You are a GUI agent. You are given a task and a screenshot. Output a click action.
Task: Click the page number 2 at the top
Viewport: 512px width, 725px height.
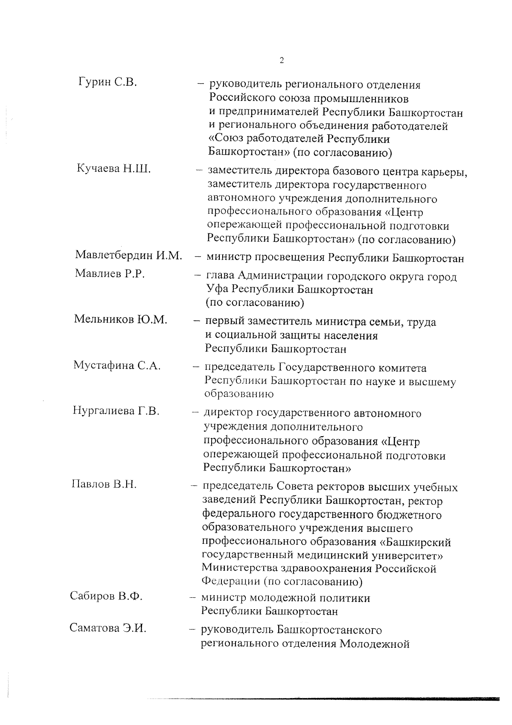pyautogui.click(x=282, y=60)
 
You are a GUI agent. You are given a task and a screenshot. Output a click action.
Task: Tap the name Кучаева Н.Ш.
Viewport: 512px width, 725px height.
pyautogui.click(x=113, y=168)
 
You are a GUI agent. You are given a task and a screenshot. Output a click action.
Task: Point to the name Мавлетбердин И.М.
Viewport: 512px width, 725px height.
pyautogui.click(x=129, y=255)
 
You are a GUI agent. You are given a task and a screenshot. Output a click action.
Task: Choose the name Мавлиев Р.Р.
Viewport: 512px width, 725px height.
pyautogui.click(x=110, y=273)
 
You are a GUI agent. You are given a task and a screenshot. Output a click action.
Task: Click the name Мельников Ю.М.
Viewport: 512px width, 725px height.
pyautogui.click(x=120, y=319)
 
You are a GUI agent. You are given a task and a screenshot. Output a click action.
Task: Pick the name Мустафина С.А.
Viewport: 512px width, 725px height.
pyautogui.click(x=117, y=365)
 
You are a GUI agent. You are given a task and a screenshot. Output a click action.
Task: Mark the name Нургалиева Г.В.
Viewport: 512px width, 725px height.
pyautogui.click(x=116, y=411)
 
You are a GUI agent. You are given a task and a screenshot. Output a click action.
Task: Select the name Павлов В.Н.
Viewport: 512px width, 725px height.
pyautogui.click(x=104, y=484)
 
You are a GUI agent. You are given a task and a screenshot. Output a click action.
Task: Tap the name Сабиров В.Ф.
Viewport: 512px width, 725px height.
pyautogui.click(x=106, y=596)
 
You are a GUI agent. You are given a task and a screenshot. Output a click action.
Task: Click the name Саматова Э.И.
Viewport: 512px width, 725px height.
pyautogui.click(x=108, y=628)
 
